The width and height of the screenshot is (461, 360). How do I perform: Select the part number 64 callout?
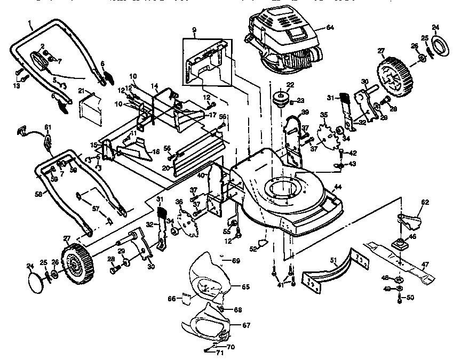click(x=330, y=27)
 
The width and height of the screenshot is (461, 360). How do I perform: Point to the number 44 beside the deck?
click(x=338, y=187)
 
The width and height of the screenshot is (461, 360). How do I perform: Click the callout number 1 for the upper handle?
click(x=30, y=25)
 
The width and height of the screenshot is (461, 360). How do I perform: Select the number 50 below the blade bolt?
click(x=410, y=297)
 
